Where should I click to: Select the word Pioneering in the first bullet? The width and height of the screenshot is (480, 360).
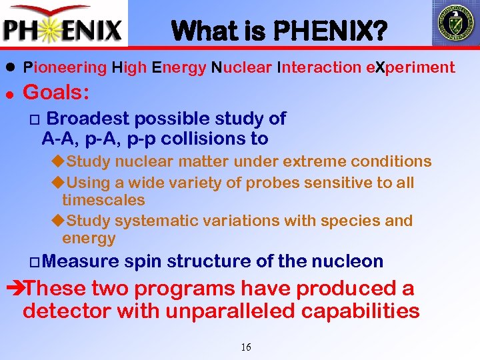tap(65, 67)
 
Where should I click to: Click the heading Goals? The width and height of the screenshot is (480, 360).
tap(56, 92)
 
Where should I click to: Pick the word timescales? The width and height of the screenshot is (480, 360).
tap(103, 200)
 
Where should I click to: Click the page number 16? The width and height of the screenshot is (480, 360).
tap(245, 347)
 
